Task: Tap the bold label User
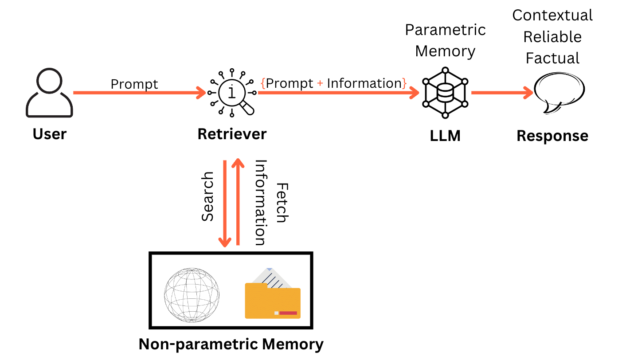pyautogui.click(x=50, y=133)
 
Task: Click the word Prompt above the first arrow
pyautogui.click(x=134, y=84)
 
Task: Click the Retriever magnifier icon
pyautogui.click(x=232, y=92)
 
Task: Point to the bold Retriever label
pyautogui.click(x=232, y=133)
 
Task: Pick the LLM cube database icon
pyautogui.click(x=445, y=93)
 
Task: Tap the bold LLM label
pyautogui.click(x=445, y=136)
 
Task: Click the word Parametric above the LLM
pyautogui.click(x=445, y=30)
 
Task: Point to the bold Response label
pyautogui.click(x=552, y=136)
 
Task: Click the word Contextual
pyautogui.click(x=552, y=16)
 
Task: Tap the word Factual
pyautogui.click(x=552, y=58)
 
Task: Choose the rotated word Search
pyautogui.click(x=208, y=196)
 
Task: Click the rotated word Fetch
pyautogui.click(x=282, y=203)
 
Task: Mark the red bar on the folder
pyautogui.click(x=288, y=313)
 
